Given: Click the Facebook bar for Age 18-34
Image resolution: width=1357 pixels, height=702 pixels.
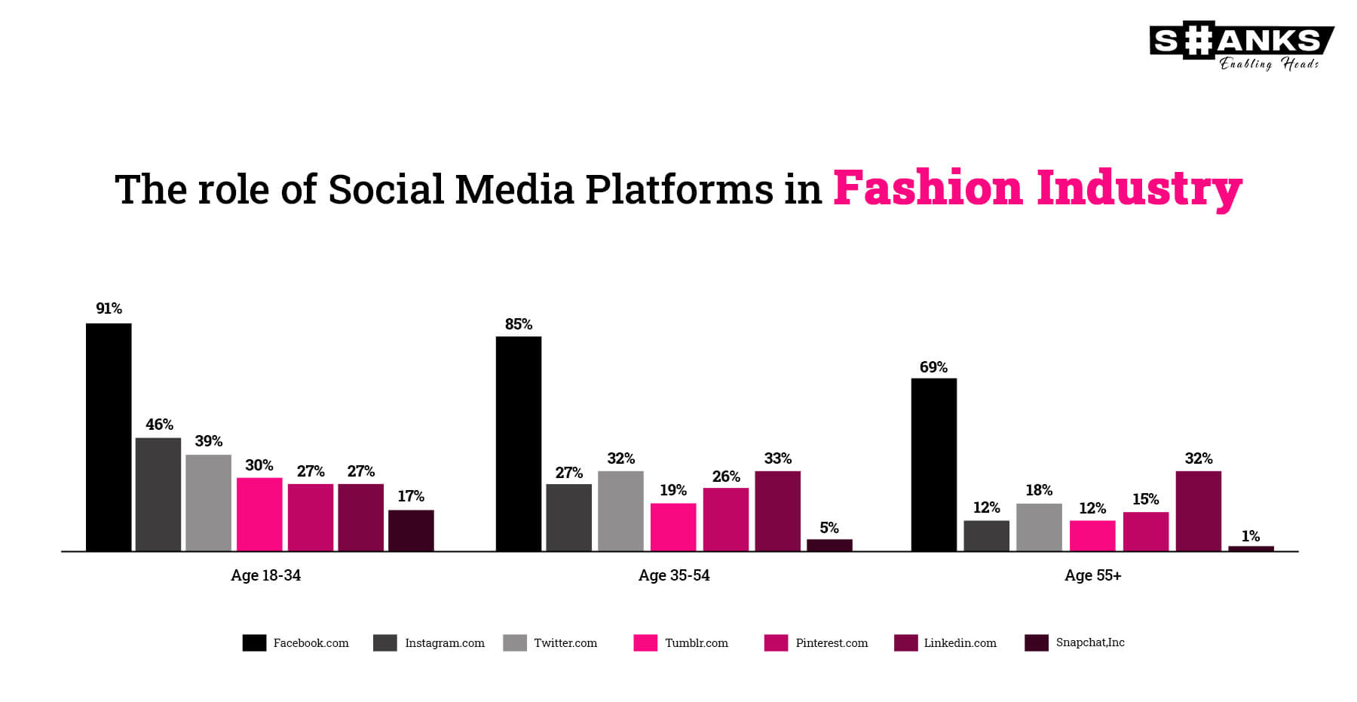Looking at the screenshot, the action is [109, 437].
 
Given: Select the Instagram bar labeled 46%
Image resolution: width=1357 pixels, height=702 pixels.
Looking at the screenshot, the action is [158, 495].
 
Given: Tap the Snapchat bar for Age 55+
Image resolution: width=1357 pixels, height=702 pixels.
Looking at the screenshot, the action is [1251, 549].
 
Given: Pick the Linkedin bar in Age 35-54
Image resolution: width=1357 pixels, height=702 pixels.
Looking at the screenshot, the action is [777, 511].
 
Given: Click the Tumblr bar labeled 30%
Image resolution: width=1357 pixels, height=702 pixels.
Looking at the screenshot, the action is [259, 514].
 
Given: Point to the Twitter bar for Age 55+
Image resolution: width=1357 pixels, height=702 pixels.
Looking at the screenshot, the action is [1039, 527].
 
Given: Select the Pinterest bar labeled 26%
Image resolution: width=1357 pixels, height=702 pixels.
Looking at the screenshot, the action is [726, 520].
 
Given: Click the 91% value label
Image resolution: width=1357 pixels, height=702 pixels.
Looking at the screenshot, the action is [109, 308].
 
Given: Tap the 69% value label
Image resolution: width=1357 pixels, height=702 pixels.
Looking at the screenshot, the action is [933, 367].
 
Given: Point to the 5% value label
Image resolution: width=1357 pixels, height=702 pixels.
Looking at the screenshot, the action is [829, 528].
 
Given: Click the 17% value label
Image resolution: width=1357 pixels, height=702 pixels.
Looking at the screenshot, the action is [411, 496].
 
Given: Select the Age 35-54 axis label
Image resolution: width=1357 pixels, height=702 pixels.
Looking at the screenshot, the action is [674, 575].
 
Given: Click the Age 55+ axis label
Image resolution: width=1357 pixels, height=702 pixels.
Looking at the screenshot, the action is [1092, 575].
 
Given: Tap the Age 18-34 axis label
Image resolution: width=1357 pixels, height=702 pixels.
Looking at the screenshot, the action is [265, 575].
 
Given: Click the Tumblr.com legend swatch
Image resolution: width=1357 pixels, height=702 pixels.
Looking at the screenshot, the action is [645, 642].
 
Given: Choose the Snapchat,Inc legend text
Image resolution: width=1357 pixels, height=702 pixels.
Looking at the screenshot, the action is [1090, 642].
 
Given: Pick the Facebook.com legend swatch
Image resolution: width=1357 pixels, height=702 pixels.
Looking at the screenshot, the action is [254, 642].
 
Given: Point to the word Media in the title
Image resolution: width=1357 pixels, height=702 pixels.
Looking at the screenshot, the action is [514, 189].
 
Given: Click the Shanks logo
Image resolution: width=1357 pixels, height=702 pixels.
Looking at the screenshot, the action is [1241, 48].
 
